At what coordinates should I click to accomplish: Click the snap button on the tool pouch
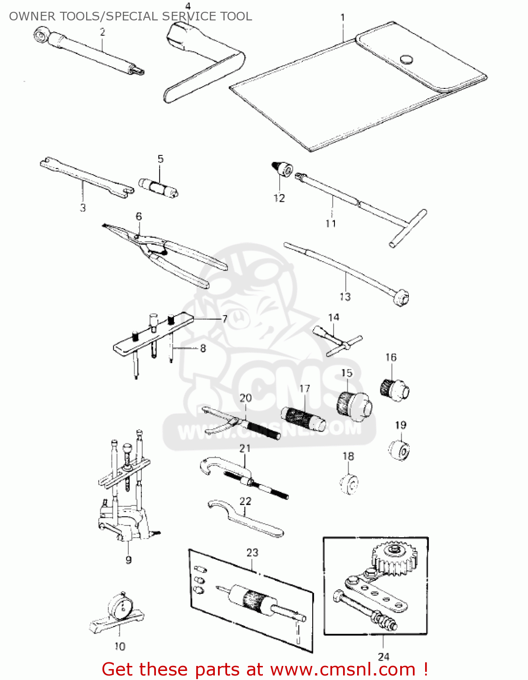click(x=406, y=59)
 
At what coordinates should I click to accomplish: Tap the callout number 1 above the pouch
click(x=343, y=18)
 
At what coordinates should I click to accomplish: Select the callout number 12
click(x=279, y=198)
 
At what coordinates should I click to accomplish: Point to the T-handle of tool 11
click(x=408, y=228)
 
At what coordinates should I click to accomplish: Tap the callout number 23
click(x=252, y=553)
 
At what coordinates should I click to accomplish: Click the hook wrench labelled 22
click(x=245, y=519)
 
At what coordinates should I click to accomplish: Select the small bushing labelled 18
click(x=349, y=484)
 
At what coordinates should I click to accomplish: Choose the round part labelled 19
click(x=399, y=450)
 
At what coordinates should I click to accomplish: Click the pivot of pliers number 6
click(x=136, y=236)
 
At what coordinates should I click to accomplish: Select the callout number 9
click(x=129, y=559)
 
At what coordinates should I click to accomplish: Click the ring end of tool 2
click(x=42, y=34)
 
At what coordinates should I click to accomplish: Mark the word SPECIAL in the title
click(x=133, y=16)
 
